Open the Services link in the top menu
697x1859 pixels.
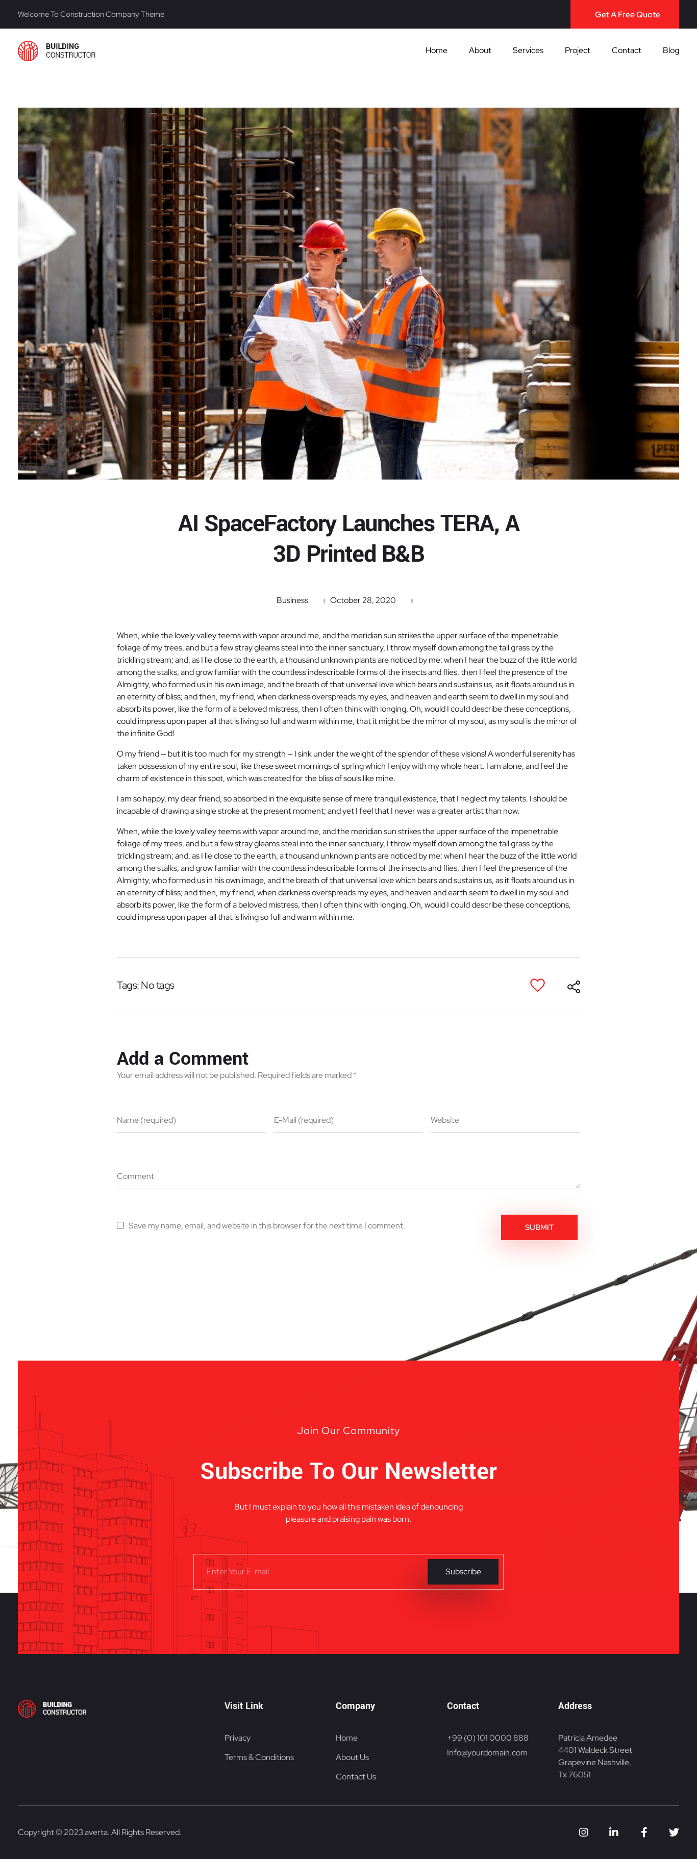[528, 51]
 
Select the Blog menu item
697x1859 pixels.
[670, 51]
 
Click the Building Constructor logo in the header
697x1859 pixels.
[56, 51]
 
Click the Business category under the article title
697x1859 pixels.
[292, 600]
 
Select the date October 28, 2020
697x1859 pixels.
[362, 600]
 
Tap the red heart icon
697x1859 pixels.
[537, 985]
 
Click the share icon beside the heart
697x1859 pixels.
[574, 987]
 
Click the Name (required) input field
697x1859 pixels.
[191, 1120]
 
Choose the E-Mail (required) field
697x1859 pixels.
[348, 1120]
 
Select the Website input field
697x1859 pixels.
[504, 1120]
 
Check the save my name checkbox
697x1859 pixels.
[120, 1225]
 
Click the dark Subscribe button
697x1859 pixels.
[462, 1572]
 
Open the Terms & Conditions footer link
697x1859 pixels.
[259, 1757]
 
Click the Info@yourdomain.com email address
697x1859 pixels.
[487, 1752]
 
